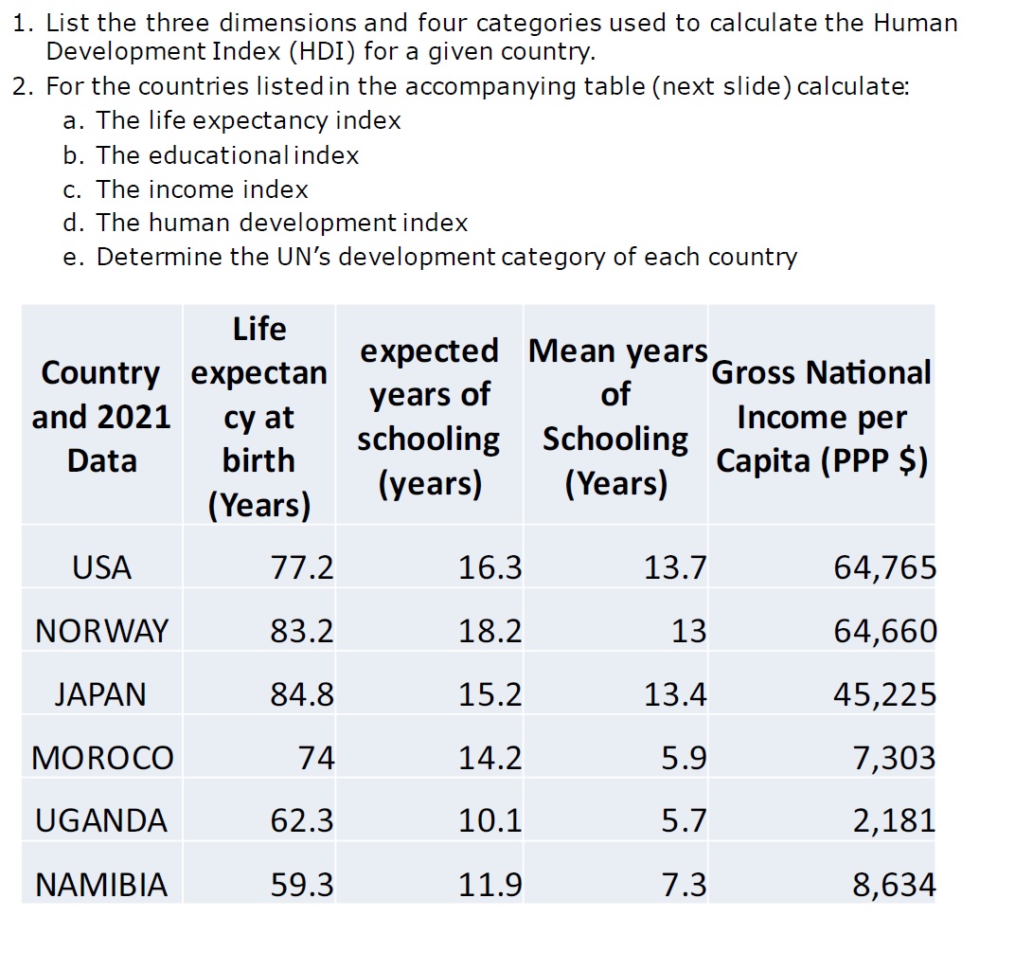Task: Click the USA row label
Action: (101, 567)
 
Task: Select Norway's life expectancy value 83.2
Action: (302, 631)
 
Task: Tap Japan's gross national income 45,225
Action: (884, 694)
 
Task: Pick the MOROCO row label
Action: (102, 758)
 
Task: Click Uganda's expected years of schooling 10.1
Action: (490, 820)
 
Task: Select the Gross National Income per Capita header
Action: (821, 417)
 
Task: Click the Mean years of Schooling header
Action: (615, 417)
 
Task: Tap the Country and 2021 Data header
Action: (101, 417)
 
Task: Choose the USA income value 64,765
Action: (884, 567)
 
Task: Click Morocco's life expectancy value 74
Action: (315, 758)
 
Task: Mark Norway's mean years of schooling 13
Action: (688, 631)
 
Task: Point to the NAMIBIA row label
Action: (101, 885)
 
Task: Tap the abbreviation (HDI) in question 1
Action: (294, 51)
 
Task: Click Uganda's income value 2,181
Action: (894, 820)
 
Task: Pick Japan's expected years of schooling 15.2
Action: (490, 694)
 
